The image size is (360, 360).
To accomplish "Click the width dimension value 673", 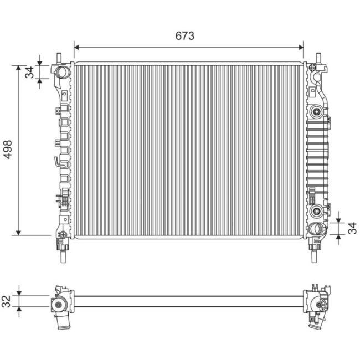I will coord(185,36).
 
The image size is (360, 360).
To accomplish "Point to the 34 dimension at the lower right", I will coord(352,228).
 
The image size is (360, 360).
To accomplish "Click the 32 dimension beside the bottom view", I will coord(6,301).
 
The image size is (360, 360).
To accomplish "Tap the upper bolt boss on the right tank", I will coord(317,111).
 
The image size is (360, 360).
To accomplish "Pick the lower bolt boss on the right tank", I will coord(317,210).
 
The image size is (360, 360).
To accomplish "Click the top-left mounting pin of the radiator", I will coord(59,58).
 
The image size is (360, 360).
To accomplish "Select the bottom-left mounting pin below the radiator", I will coord(63,254).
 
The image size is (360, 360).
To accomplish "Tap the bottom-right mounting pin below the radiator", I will coord(314,254).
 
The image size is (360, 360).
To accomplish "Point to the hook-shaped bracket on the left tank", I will coord(57,161).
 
